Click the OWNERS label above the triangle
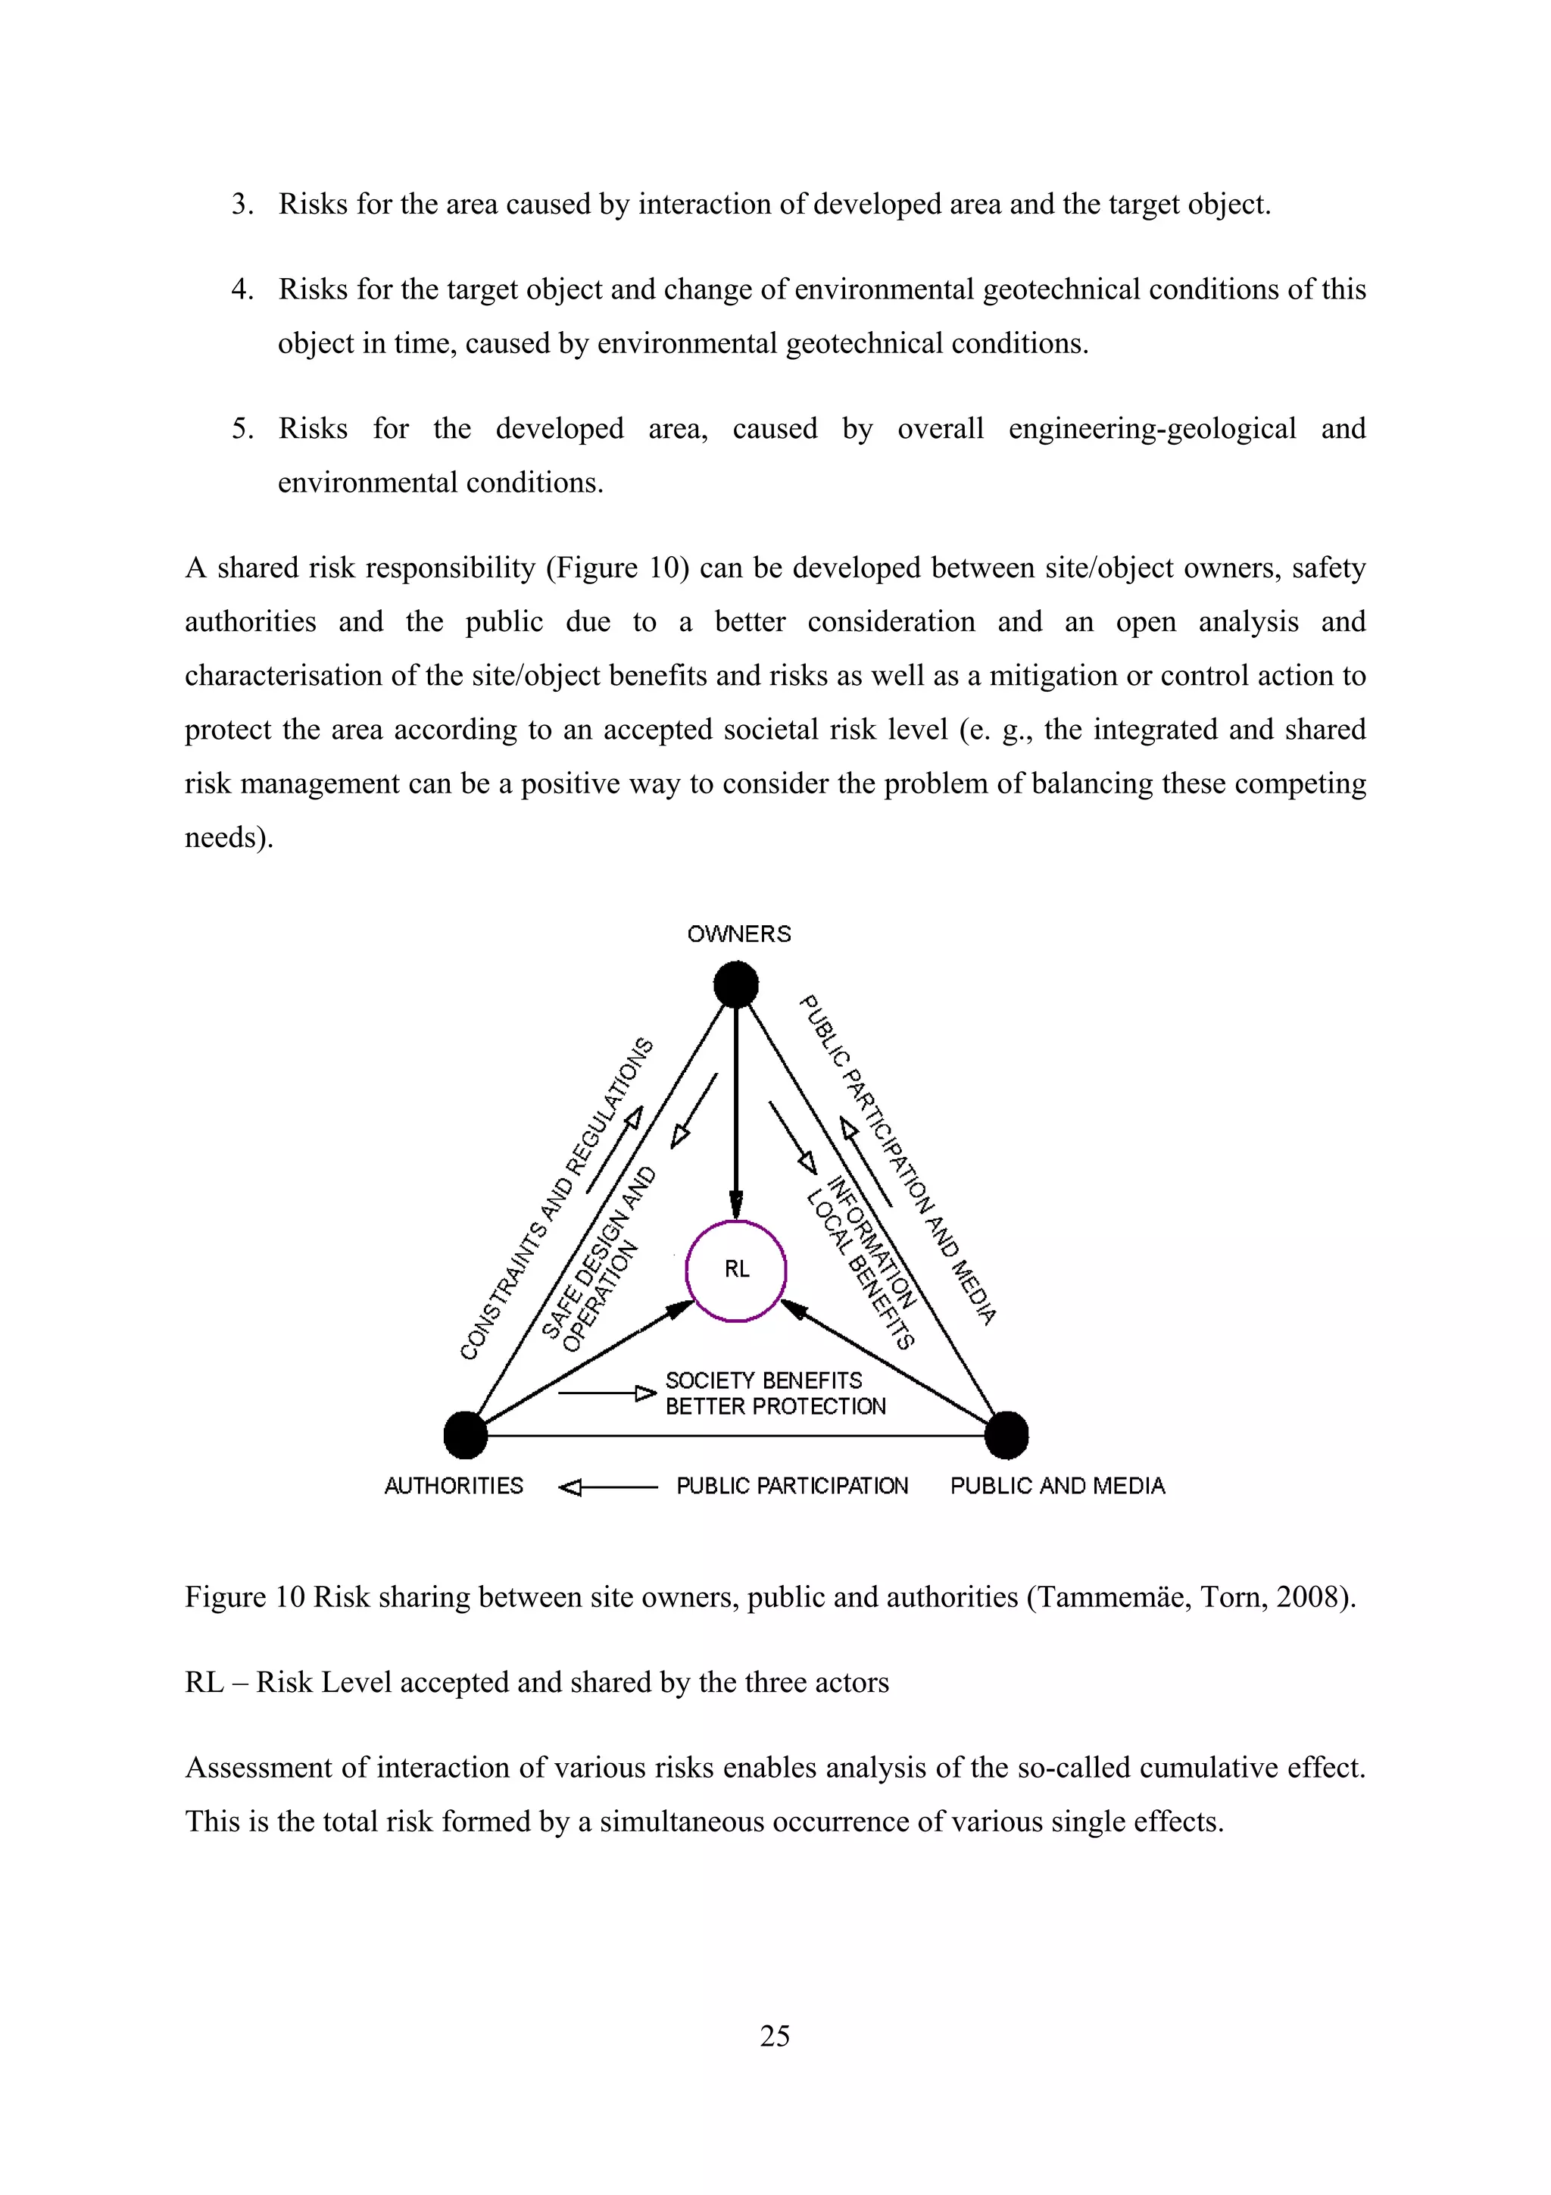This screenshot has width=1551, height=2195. (x=738, y=934)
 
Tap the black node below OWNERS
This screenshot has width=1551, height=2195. (x=736, y=985)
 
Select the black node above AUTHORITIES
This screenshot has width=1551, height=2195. (x=466, y=1435)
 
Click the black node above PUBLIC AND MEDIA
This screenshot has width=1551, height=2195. (x=1006, y=1435)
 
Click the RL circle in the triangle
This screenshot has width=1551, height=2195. (x=736, y=1271)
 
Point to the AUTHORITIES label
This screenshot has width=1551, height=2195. (x=453, y=1486)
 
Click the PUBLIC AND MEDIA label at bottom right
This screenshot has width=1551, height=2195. (x=1057, y=1486)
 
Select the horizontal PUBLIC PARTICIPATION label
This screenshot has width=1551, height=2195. (x=792, y=1486)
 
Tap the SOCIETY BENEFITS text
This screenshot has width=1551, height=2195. (x=763, y=1380)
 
